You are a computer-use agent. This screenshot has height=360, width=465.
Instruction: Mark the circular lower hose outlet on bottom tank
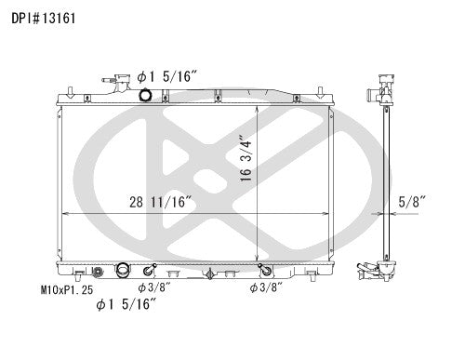click(121, 272)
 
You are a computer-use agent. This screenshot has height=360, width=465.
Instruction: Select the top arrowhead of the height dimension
click(255, 99)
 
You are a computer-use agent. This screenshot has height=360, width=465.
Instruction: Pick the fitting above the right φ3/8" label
click(265, 272)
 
